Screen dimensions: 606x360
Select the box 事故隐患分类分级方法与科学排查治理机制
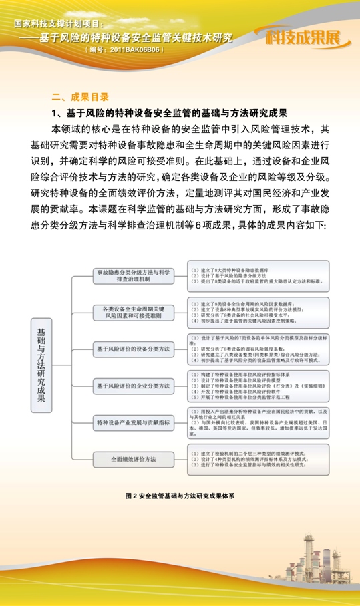pos(132,275)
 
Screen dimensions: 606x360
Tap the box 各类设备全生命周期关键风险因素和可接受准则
pos(132,311)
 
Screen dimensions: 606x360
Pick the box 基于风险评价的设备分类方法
pos(132,348)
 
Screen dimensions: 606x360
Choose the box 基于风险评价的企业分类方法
pos(132,385)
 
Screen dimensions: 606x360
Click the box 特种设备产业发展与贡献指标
pos(132,422)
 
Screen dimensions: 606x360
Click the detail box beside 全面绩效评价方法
pos(258,460)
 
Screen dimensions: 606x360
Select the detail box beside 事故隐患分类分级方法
pos(258,275)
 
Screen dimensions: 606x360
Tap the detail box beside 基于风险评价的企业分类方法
pos(258,386)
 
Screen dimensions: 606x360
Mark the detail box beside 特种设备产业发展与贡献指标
pos(258,422)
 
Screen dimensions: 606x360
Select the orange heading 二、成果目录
pos(80,96)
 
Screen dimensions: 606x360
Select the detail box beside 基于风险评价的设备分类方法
pos(258,349)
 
